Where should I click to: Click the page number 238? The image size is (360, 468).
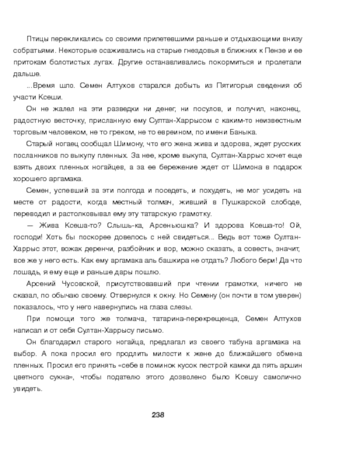[x=160, y=414]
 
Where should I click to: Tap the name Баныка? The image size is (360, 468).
[x=243, y=132]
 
